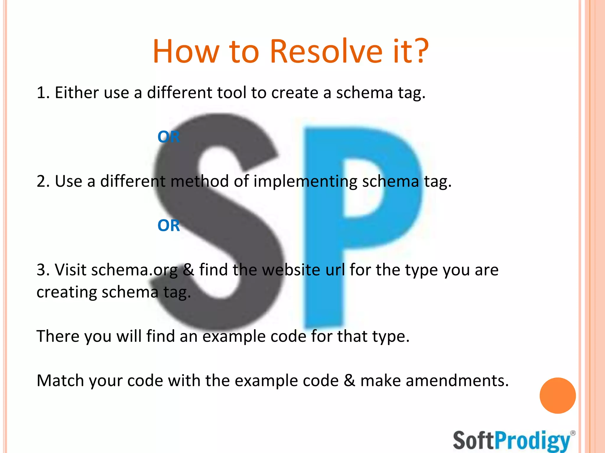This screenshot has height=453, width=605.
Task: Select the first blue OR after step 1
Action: [x=168, y=137]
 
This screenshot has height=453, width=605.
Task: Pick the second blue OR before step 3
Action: [x=168, y=226]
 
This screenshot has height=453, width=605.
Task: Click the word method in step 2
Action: [x=200, y=181]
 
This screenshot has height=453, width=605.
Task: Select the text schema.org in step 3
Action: [x=134, y=270]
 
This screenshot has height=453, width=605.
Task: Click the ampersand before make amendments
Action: [x=349, y=380]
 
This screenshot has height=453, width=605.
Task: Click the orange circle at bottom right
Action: [x=557, y=395]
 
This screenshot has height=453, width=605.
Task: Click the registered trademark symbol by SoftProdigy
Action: [x=573, y=433]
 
